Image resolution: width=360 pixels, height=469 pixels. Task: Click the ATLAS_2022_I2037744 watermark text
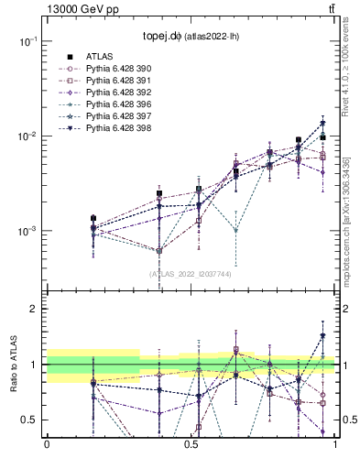click(190, 274)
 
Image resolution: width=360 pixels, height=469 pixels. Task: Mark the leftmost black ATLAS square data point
click(93, 219)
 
